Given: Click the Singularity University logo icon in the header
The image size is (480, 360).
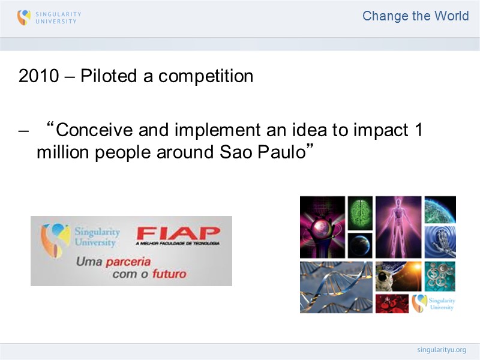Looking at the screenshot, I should coord(23,17).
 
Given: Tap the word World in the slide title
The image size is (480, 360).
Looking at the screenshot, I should coord(452,16).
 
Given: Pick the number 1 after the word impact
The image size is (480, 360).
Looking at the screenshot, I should coord(418,130).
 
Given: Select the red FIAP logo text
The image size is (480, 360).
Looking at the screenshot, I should coord(178,233).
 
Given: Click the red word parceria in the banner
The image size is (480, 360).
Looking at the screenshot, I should coord(128,262).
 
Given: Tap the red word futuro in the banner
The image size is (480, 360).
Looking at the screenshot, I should coord(168,274).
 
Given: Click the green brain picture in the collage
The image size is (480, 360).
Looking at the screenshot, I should coord(360,212).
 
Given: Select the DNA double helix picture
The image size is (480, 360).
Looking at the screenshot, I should coord(336,287).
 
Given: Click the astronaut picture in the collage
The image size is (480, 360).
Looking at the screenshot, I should coord(398,276).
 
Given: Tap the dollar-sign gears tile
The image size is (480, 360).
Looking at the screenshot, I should coord(440,276).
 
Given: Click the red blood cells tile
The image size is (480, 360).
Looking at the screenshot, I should coord(392,303).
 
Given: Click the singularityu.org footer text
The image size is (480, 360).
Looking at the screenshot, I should coord(441,350).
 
